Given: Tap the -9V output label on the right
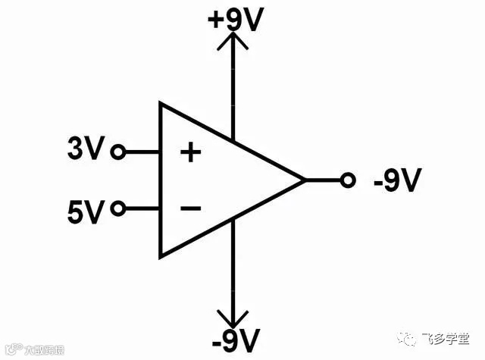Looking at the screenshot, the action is [x=396, y=181].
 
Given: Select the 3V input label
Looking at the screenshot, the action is [x=84, y=150].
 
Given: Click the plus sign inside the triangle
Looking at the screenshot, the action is [x=190, y=153].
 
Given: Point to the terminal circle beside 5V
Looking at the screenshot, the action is [x=117, y=208].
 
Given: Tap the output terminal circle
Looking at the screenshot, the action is [x=348, y=180].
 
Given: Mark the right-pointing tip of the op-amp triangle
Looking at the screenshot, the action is [x=304, y=180].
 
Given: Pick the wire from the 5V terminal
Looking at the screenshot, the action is [x=141, y=208].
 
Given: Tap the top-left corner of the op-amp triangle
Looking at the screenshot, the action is [x=160, y=103].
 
